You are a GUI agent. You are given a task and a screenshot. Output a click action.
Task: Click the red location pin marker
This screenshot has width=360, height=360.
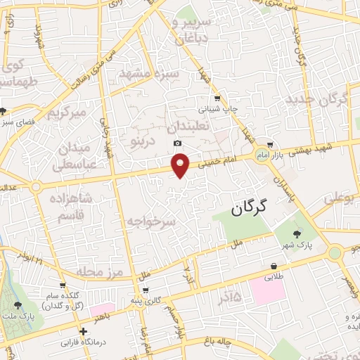pyautogui.click(x=181, y=165)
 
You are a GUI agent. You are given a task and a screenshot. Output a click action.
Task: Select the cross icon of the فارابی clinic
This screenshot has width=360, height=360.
pyautogui.click(x=84, y=331)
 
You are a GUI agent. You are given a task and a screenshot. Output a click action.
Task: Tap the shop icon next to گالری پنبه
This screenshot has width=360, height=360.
pyautogui.click(x=145, y=290)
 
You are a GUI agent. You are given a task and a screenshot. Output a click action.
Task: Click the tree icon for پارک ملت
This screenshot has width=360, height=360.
pyautogui.click(x=18, y=305)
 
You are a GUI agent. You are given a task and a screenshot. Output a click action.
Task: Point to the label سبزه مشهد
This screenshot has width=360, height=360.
pyautogui.click(x=149, y=73)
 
